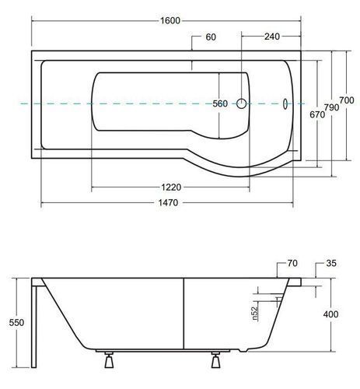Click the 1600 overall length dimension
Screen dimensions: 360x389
click(x=170, y=20)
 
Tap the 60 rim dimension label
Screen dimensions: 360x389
click(x=211, y=37)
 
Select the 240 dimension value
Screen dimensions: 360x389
click(x=272, y=37)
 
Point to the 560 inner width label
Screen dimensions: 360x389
click(x=220, y=103)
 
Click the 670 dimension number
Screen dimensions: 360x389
click(x=317, y=114)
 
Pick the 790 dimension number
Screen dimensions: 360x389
click(x=331, y=107)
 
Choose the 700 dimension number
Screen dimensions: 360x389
click(x=347, y=100)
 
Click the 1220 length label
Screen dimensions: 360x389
click(x=171, y=187)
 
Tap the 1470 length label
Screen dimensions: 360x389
click(x=168, y=202)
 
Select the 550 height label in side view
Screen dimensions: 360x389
click(x=16, y=323)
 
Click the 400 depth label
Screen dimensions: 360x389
click(x=330, y=314)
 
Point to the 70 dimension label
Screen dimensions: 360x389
click(x=292, y=263)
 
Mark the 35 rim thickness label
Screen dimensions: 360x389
click(x=331, y=263)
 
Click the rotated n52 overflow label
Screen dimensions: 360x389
click(x=255, y=313)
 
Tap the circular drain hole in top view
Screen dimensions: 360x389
click(x=242, y=103)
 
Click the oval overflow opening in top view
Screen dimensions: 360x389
click(x=285, y=103)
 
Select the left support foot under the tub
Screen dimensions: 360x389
click(x=109, y=360)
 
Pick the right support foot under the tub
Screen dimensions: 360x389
click(x=215, y=360)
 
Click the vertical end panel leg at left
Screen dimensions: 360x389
click(x=34, y=327)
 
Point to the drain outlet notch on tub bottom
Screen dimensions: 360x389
click(x=243, y=350)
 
